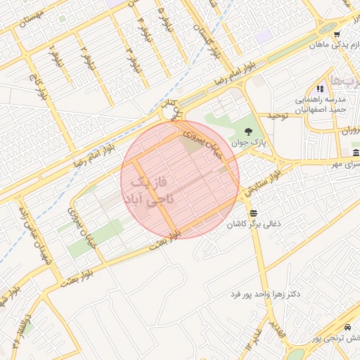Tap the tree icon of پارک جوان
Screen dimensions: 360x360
[x=247, y=131]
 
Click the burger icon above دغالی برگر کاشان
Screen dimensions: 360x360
[x=252, y=212]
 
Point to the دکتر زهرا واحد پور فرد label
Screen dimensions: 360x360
[x=264, y=292]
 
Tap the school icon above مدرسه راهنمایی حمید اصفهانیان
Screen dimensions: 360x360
[x=320, y=89]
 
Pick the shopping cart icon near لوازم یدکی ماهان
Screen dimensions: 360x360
[x=337, y=34]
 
